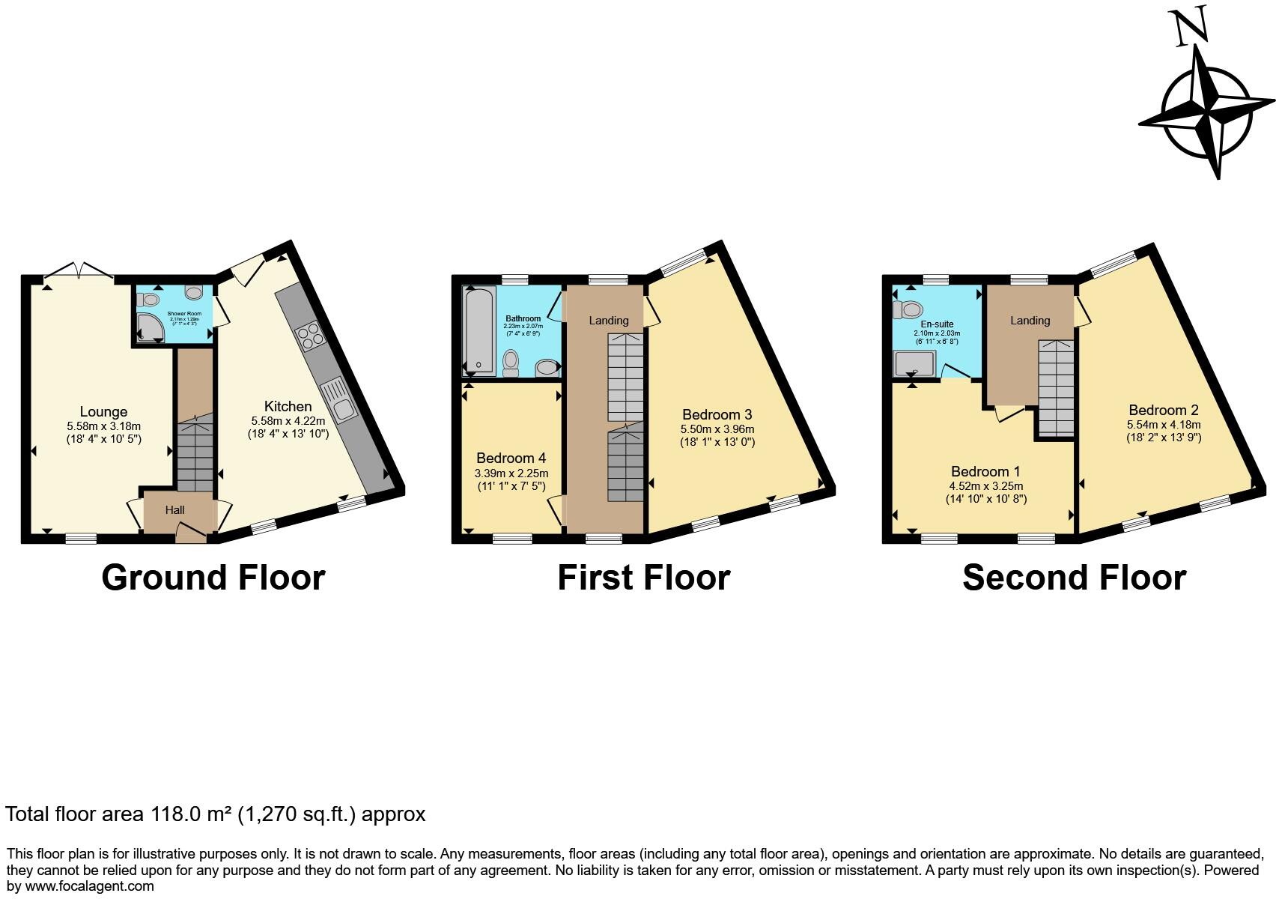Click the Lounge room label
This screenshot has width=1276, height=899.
103,411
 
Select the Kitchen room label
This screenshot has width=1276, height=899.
288,406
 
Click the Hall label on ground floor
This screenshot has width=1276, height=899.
174,510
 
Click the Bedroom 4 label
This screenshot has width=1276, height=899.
511,458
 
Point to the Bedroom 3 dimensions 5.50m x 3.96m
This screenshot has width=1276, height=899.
717,429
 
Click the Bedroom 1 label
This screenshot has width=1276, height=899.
985,471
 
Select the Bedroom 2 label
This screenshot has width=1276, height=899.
1164,410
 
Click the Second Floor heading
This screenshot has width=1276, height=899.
1074,578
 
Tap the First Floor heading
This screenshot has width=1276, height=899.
643,578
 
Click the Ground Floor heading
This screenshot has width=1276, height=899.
213,578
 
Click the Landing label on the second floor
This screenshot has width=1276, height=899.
1030,321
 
